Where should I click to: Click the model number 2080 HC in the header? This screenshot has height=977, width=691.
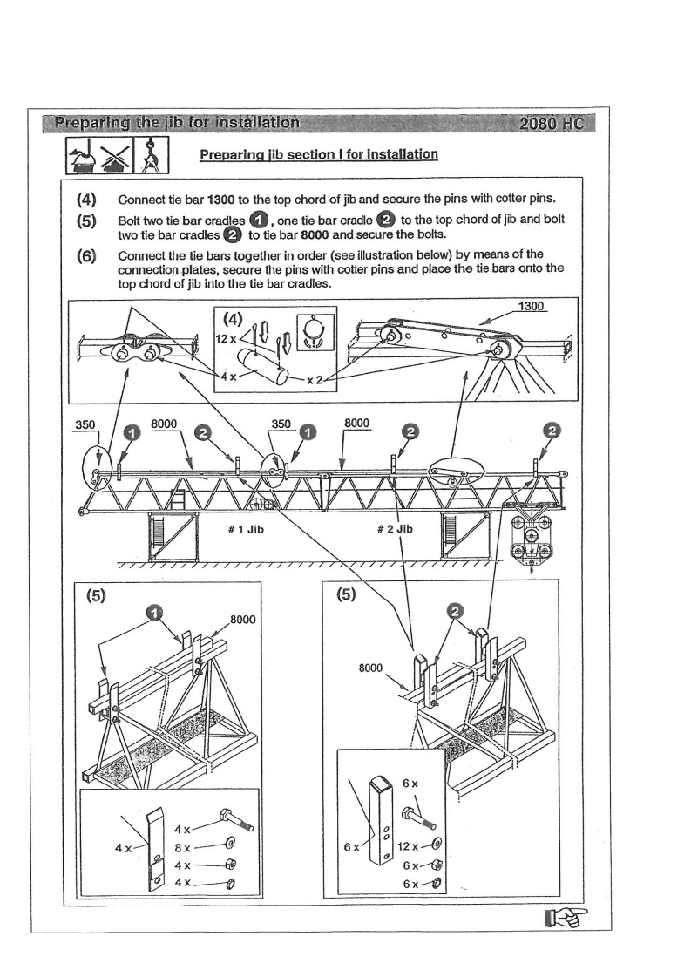551,124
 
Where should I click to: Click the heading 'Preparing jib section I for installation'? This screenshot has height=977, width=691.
318,155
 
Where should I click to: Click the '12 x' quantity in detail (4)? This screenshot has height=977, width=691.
226,336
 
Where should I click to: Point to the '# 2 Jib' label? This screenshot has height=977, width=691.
394,529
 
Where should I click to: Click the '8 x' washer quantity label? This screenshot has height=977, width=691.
183,847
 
